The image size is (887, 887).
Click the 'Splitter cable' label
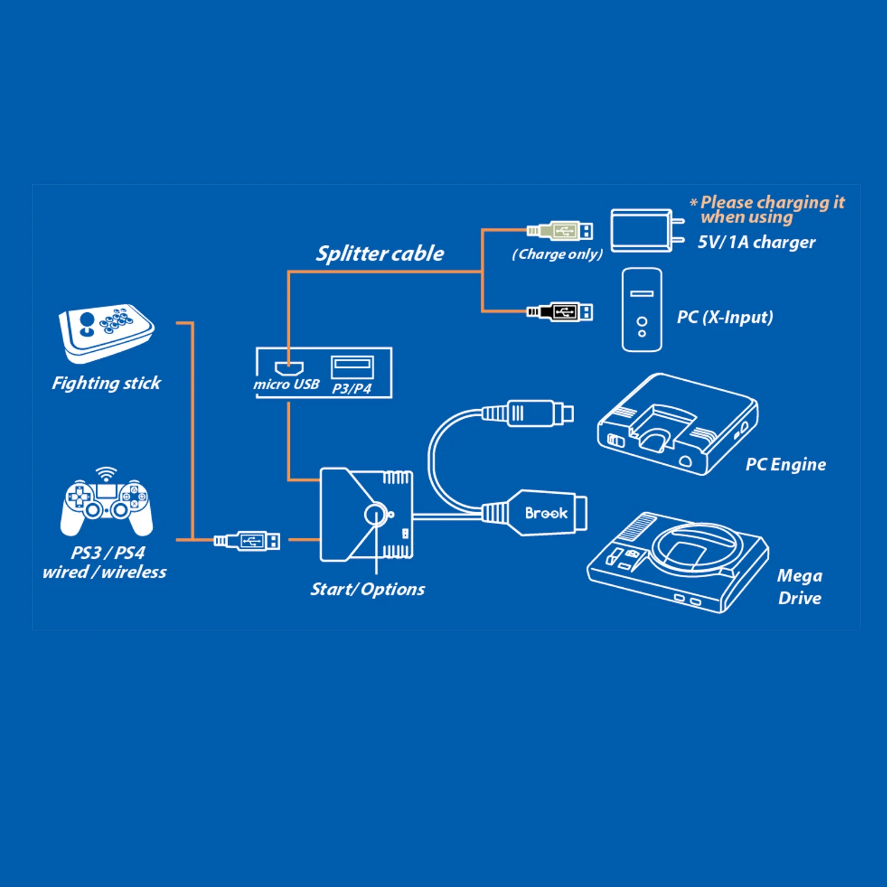pyautogui.click(x=380, y=254)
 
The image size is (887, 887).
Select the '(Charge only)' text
pyautogui.click(x=557, y=254)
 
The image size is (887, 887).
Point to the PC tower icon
pyautogui.click(x=642, y=310)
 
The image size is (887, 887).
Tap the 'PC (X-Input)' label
pyautogui.click(x=724, y=317)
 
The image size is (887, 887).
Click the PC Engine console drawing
pyautogui.click(x=677, y=426)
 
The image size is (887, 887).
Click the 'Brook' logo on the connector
pyautogui.click(x=546, y=513)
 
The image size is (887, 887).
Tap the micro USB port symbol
pyautogui.click(x=289, y=368)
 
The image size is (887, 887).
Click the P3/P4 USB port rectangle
pyautogui.click(x=352, y=367)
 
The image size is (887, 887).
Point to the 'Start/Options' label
pyautogui.click(x=367, y=589)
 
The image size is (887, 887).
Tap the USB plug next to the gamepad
pyautogui.click(x=248, y=540)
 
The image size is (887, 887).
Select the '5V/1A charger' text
pyautogui.click(x=756, y=242)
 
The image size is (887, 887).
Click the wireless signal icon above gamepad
pyautogui.click(x=106, y=474)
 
